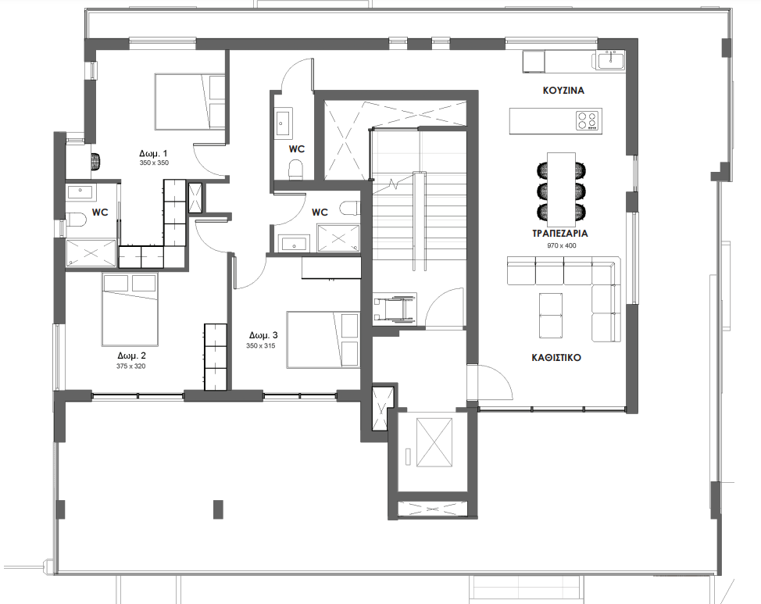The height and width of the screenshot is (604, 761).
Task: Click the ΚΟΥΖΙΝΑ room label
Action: click(563, 90)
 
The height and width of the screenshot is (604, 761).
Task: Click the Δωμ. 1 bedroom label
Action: click(154, 153)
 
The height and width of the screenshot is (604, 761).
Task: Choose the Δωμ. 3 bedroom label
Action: click(263, 335)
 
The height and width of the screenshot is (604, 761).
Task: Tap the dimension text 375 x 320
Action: click(131, 366)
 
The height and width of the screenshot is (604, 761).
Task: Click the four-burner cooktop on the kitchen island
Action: click(588, 120)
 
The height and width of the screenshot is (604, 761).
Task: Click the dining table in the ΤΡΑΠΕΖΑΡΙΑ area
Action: click(561, 186)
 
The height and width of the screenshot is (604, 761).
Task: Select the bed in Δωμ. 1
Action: click(189, 102)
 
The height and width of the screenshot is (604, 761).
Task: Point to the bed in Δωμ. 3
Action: click(322, 339)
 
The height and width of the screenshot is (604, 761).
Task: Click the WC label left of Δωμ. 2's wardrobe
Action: click(100, 212)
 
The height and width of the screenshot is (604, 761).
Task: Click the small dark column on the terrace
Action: click(217, 508)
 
